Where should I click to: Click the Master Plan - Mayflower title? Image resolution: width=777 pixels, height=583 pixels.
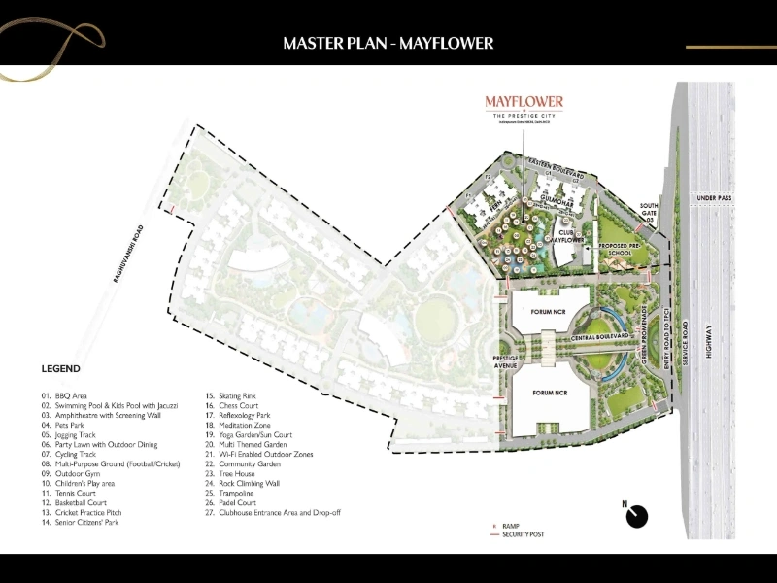[x=388, y=43]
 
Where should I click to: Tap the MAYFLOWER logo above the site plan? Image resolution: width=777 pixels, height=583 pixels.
[x=524, y=102]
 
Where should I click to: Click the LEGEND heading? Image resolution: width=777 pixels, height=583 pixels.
[x=60, y=369]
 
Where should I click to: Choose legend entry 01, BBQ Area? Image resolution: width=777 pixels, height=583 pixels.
[x=66, y=396]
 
